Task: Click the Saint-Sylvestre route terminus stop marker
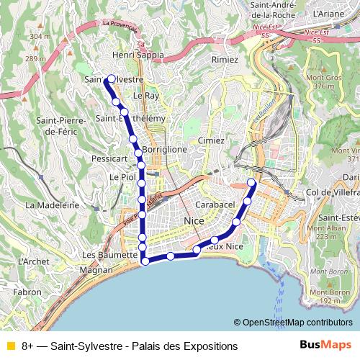point(111,79)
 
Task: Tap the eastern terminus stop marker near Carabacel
point(252,183)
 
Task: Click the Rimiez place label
point(224,60)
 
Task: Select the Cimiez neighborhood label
point(211,140)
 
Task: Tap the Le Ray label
point(146,95)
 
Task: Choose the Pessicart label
point(109,158)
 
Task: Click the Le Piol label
point(122,176)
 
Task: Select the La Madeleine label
point(52,204)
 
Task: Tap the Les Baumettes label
point(109,255)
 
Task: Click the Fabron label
point(27,292)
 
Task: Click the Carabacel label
point(216,204)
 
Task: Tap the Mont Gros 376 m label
point(323,81)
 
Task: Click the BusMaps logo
point(324,346)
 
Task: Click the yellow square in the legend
point(10,346)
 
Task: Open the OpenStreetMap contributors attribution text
point(293,323)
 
